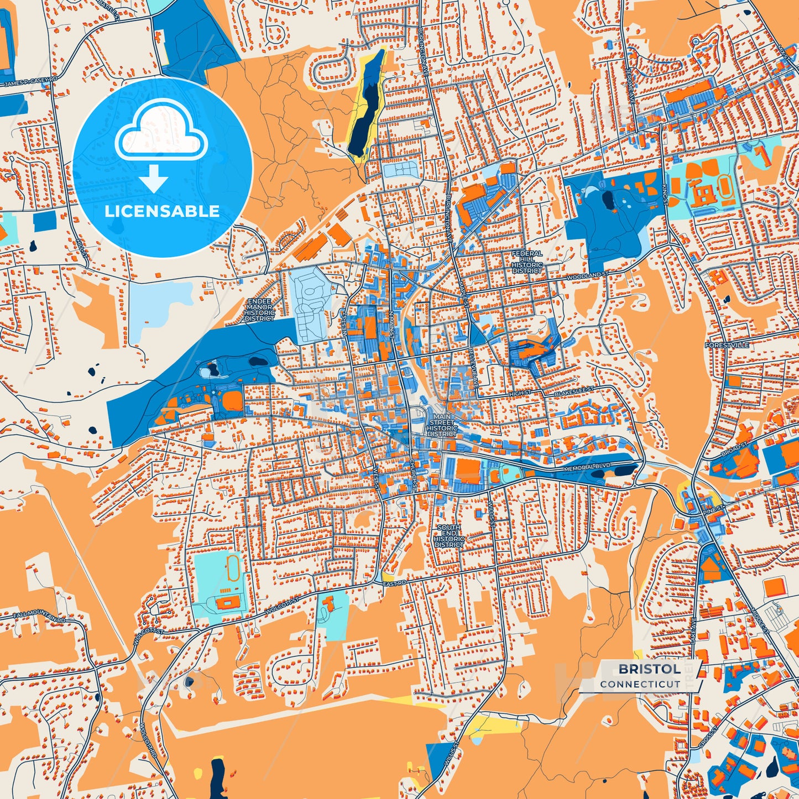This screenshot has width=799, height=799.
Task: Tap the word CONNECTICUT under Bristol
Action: click(x=640, y=684)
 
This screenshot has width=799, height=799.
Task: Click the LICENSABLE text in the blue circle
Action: click(x=162, y=211)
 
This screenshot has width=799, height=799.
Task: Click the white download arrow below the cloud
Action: click(x=154, y=177)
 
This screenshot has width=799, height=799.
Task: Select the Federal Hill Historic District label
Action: click(x=527, y=262)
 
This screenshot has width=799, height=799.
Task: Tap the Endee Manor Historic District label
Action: click(x=259, y=310)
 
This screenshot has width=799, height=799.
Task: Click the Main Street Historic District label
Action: click(x=442, y=425)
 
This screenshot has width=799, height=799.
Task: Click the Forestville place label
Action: click(x=727, y=345)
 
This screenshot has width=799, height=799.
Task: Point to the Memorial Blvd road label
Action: click(x=587, y=468)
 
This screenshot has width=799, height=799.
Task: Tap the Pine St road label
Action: click(x=713, y=508)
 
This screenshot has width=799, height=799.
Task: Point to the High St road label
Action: click(x=520, y=393)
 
